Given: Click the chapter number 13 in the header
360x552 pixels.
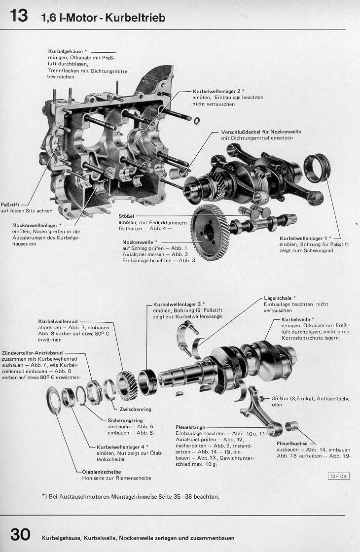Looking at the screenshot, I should click(x=19, y=16).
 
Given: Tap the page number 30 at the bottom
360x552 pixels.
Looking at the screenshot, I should click(x=20, y=535).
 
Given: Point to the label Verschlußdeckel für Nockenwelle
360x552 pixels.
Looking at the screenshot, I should click(x=261, y=132).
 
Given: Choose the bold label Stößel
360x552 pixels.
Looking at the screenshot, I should click(x=127, y=216).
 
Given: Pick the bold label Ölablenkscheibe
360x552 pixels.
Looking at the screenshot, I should click(x=101, y=472).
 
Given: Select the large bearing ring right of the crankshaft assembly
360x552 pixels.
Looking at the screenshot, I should click(x=316, y=168).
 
